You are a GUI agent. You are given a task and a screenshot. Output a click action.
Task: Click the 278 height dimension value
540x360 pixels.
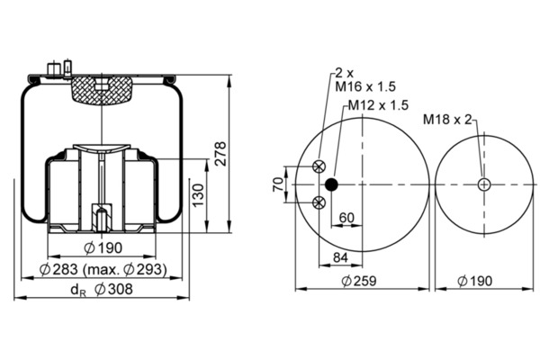tap(220, 154)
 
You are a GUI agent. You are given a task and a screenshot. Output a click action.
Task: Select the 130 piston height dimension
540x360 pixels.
tap(198, 195)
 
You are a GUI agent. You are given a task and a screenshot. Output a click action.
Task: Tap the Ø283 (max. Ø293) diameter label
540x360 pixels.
tap(103, 269)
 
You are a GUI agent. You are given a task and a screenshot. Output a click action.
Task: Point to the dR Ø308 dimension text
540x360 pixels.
tap(102, 290)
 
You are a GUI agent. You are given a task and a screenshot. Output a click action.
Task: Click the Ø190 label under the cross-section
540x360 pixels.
tap(103, 247)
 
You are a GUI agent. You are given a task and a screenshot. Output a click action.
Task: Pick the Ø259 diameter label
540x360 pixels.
tap(359, 281)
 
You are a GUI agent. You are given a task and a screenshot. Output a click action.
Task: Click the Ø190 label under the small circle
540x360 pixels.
tap(474, 281)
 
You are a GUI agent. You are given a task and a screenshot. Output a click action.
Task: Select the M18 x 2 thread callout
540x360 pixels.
tap(447, 120)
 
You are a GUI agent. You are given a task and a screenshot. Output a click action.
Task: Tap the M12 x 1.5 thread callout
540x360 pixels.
tap(378, 105)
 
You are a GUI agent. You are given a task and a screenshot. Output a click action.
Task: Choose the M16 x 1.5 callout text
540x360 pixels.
tap(365, 86)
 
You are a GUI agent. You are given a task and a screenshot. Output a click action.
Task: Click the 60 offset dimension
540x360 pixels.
tap(346, 218)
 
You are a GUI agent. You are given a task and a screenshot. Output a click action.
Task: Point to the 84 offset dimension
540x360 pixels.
tap(340, 257)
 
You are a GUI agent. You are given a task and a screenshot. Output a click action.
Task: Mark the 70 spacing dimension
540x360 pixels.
tap(278, 184)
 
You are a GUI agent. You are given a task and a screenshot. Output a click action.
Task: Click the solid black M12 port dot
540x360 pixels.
tap(331, 184)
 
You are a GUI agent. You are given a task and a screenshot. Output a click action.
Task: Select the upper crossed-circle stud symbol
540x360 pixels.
tap(319, 166)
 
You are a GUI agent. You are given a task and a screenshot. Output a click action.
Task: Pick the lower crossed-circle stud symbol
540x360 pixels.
tap(319, 202)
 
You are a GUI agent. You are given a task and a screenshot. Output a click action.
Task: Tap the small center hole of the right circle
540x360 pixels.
tap(484, 184)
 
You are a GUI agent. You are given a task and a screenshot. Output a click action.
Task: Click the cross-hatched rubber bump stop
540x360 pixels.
tap(102, 90)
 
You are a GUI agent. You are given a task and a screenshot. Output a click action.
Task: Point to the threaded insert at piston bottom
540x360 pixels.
tap(102, 218)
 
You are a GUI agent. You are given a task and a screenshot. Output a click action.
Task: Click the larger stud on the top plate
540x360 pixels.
tap(53, 69)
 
